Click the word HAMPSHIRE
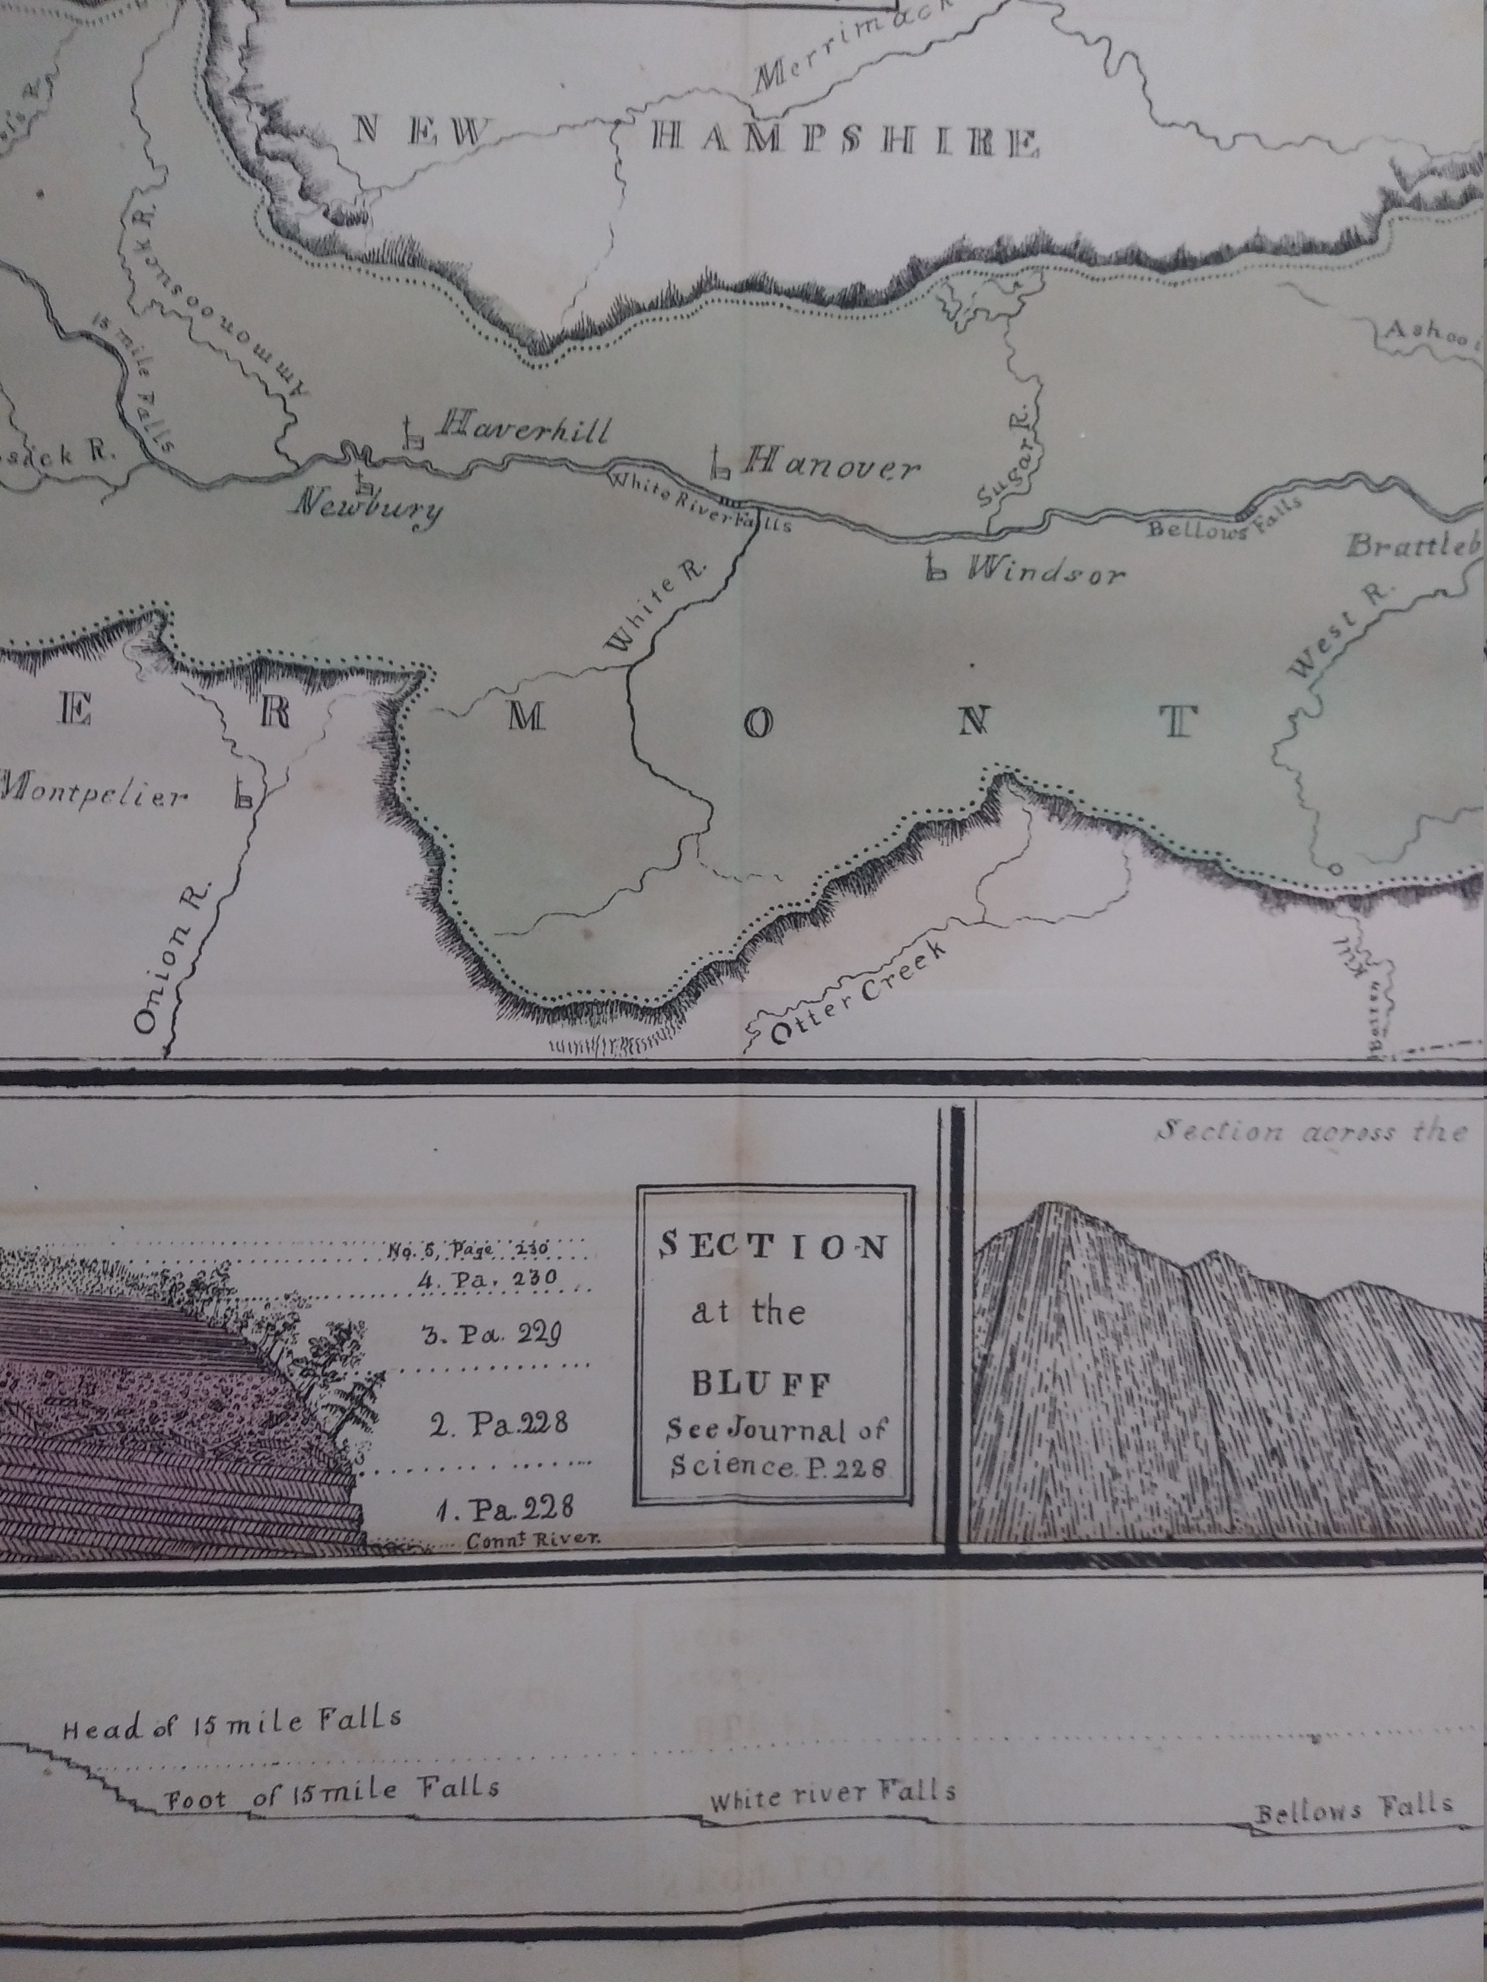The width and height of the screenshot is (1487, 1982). [845, 141]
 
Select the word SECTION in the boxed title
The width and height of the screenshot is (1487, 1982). [773, 1247]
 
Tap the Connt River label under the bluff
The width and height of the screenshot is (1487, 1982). [531, 1539]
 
